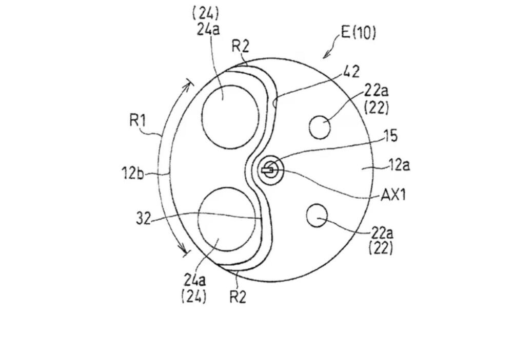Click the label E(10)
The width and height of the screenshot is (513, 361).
coord(359,33)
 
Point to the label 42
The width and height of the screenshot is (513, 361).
coord(351,72)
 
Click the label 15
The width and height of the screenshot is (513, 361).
coord(390,136)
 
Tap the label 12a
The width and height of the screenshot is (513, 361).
coord(399,165)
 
